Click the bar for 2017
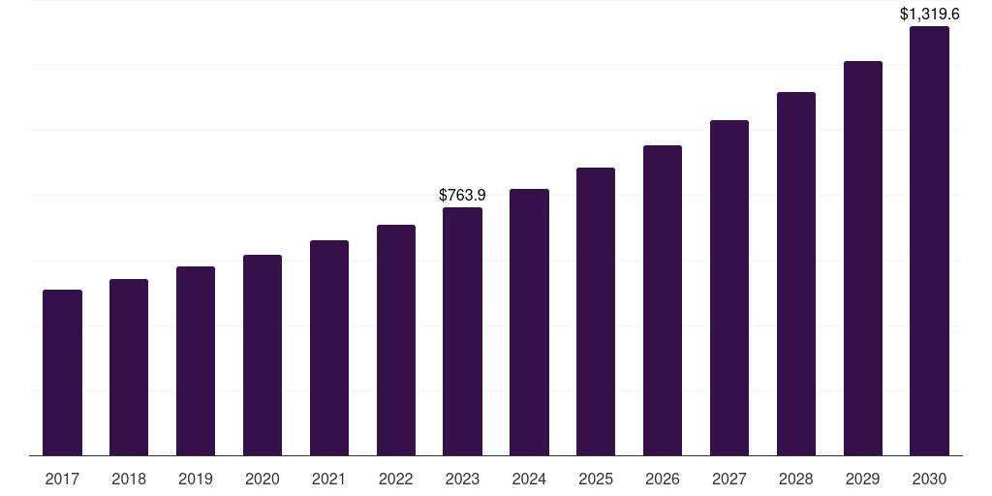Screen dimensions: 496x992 coord(62,373)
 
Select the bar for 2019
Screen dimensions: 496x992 coord(196,361)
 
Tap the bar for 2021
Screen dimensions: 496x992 coord(329,348)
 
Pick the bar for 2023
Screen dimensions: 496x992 coord(462,331)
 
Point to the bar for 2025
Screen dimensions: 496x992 coord(596,312)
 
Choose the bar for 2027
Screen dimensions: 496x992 coord(729,288)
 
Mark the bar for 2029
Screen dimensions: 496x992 coord(863,259)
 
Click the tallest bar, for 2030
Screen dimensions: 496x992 coord(930,241)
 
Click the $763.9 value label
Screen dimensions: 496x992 coord(462,196)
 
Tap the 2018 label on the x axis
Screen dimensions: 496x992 coord(129,479)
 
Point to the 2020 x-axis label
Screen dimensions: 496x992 coord(263,479)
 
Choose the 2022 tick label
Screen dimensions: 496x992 coord(396,479)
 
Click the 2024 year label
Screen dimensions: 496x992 coord(529,479)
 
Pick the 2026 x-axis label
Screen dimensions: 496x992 coord(663,479)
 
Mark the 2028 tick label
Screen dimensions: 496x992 coord(796,479)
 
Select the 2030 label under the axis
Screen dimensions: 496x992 coord(930,479)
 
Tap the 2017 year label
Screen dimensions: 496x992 coord(62,479)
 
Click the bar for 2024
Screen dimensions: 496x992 coord(529,323)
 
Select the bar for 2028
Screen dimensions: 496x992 coord(796,274)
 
